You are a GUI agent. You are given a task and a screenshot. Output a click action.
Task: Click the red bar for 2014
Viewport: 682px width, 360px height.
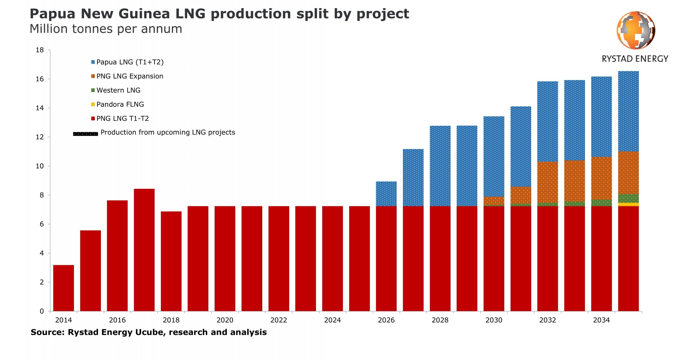click(63, 288)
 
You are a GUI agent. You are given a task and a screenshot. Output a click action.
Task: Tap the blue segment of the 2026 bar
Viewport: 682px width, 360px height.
click(386, 194)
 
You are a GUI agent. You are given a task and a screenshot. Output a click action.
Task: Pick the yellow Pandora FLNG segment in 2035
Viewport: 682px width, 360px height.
click(628, 205)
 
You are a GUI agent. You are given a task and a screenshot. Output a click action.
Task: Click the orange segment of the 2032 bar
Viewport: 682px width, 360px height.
click(547, 182)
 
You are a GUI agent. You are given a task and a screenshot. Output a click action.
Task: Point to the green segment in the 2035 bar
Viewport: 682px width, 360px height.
click(628, 198)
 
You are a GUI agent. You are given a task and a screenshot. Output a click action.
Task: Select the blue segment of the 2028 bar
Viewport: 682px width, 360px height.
click(440, 166)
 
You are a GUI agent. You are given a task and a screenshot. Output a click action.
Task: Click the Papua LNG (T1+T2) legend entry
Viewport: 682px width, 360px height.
click(130, 62)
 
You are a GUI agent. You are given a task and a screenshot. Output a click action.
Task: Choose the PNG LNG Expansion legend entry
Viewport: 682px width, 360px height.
click(130, 76)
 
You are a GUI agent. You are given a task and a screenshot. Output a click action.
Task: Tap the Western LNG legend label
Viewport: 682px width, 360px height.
click(118, 90)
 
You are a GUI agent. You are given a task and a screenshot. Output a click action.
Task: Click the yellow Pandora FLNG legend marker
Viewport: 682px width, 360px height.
click(93, 104)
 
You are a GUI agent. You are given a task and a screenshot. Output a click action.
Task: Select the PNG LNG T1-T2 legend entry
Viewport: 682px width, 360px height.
click(122, 119)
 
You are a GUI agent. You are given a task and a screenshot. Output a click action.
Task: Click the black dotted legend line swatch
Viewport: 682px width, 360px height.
click(86, 134)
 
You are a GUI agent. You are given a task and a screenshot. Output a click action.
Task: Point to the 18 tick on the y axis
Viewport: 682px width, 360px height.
click(40, 50)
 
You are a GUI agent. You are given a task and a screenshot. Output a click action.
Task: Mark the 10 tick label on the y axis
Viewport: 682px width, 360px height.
click(40, 166)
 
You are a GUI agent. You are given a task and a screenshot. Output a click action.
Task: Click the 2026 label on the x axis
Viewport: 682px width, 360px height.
click(386, 320)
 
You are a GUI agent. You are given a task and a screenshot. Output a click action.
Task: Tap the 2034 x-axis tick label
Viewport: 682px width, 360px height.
click(601, 320)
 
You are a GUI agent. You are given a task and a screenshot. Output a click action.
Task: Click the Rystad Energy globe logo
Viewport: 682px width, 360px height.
click(636, 30)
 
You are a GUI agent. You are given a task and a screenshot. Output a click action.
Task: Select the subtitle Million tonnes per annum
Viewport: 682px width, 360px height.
click(106, 29)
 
